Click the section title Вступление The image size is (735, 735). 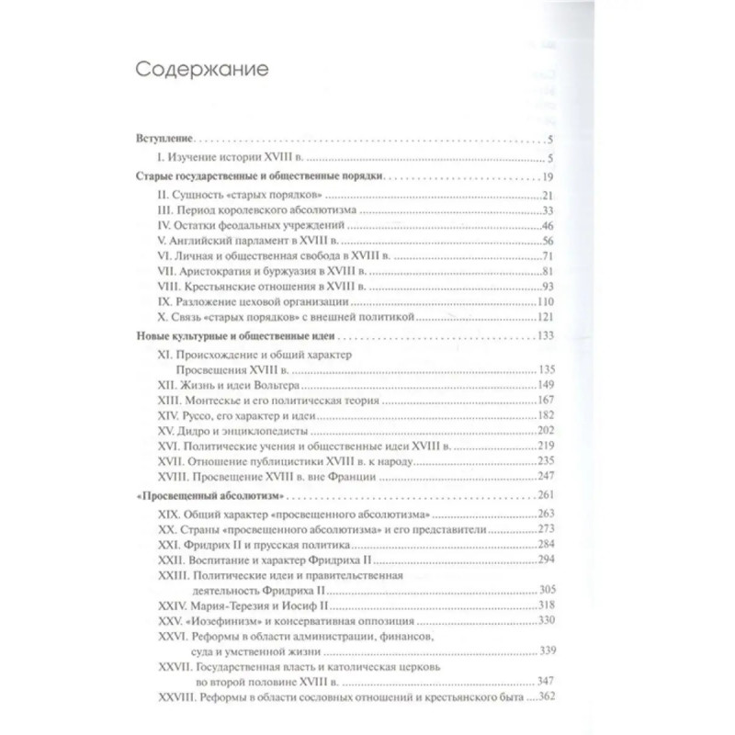[164, 139]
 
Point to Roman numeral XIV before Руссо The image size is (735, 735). [169, 415]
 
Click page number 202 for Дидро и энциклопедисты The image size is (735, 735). [541, 431]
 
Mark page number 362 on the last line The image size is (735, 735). [541, 699]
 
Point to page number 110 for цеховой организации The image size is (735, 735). [541, 301]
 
